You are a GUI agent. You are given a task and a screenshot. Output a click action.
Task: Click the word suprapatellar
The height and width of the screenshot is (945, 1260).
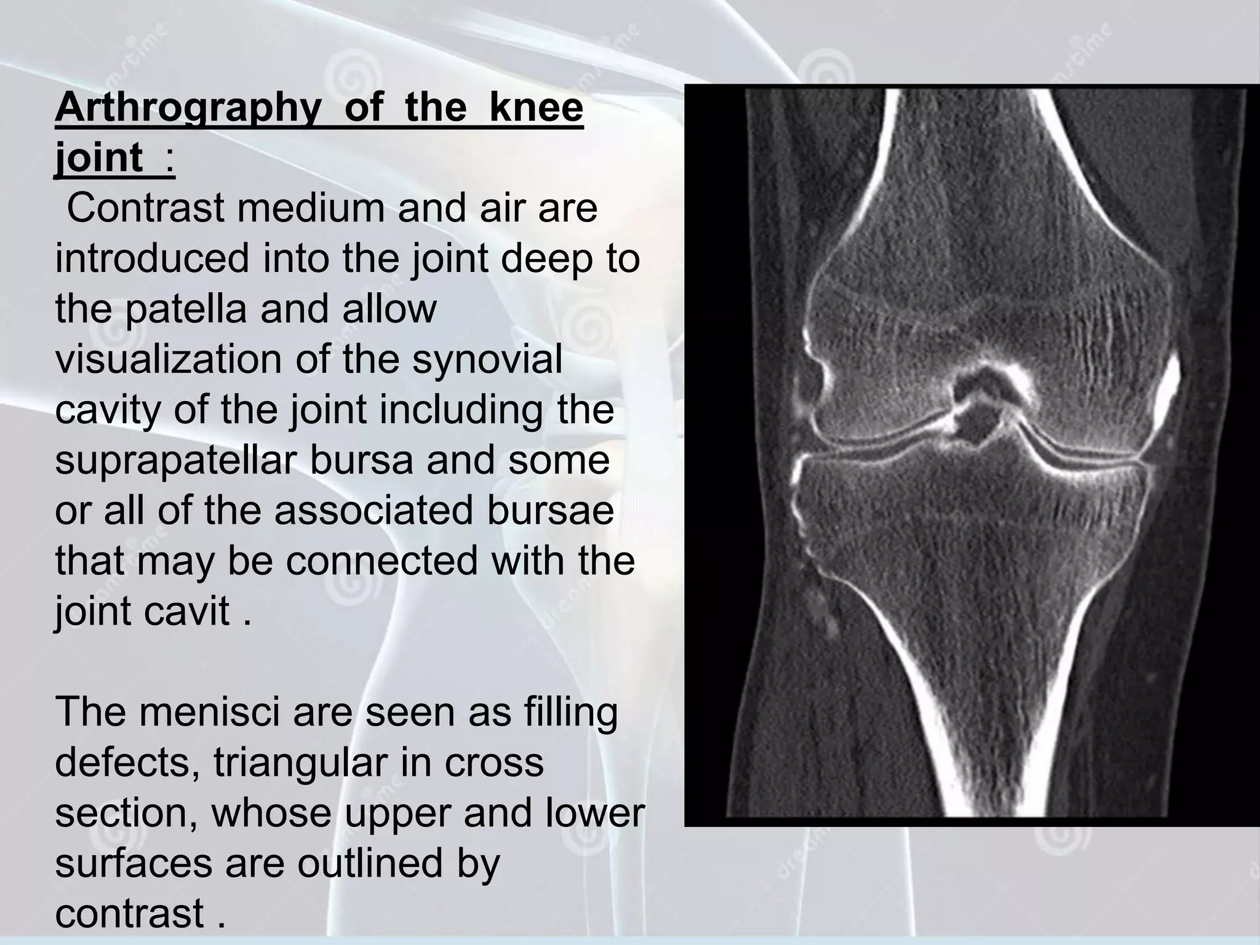pyautogui.click(x=177, y=460)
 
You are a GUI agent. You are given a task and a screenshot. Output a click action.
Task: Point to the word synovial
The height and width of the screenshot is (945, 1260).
pyautogui.click(x=487, y=359)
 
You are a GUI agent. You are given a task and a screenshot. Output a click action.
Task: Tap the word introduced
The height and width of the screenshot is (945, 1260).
pyautogui.click(x=152, y=258)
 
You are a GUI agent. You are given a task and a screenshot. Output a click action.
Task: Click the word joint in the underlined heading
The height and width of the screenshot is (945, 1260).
pyautogui.click(x=99, y=157)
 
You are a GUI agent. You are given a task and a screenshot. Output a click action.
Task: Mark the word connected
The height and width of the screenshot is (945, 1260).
pyautogui.click(x=381, y=561)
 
